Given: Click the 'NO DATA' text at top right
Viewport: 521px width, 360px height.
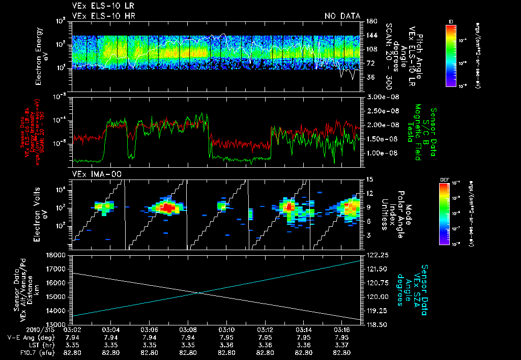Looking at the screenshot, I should coord(342,16).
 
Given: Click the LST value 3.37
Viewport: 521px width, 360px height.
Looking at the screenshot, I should coord(342,345).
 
